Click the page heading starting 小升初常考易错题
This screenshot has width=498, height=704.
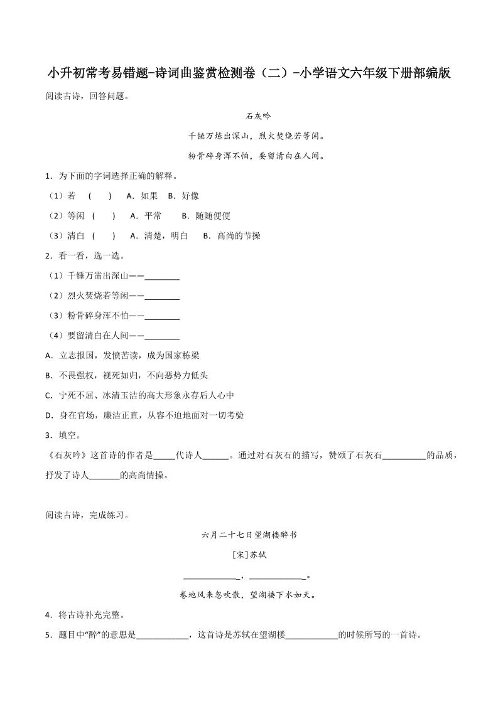click(249, 73)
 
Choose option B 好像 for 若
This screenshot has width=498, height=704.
click(183, 196)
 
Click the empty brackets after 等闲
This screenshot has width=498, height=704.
click(104, 216)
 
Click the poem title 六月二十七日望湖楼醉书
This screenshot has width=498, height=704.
click(249, 535)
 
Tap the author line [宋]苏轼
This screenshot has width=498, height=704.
click(249, 555)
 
